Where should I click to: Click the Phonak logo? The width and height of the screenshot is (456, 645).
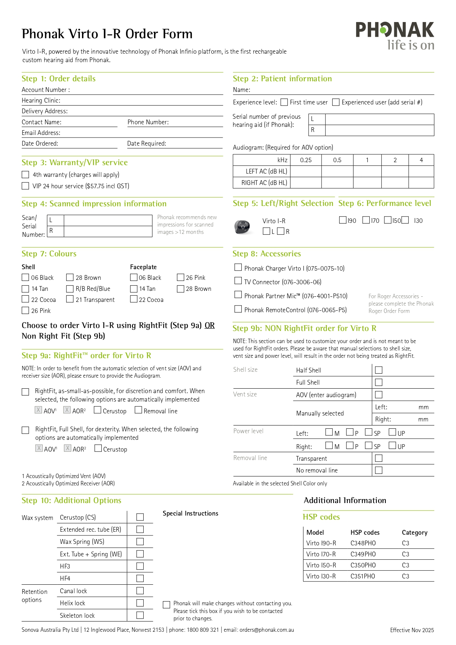[395, 35]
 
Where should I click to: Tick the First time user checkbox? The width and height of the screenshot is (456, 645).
[284, 102]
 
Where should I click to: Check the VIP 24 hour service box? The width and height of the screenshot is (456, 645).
[25, 186]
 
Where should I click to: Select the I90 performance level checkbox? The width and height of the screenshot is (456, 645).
[343, 220]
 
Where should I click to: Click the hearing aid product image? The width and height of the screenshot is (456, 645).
[243, 227]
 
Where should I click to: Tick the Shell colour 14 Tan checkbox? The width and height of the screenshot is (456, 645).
[25, 289]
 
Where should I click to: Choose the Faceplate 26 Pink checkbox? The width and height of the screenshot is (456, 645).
[180, 278]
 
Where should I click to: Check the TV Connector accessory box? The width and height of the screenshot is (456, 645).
[238, 281]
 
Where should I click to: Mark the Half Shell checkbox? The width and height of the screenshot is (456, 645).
[378, 370]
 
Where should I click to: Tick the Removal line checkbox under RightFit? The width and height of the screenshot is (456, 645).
[139, 410]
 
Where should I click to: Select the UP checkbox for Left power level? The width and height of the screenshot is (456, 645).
[392, 432]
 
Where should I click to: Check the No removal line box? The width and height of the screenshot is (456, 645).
[378, 470]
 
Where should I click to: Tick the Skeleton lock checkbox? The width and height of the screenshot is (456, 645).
[140, 615]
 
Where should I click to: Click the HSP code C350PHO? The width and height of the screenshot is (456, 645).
[363, 565]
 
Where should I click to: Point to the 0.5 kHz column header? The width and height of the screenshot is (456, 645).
[337, 160]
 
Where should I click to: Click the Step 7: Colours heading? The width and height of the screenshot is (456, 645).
[49, 254]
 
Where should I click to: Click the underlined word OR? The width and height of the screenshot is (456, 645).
[209, 325]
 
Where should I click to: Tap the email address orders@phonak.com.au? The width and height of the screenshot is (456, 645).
[267, 630]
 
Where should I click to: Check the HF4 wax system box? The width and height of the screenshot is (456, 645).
[140, 578]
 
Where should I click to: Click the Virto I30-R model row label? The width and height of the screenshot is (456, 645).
[321, 576]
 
